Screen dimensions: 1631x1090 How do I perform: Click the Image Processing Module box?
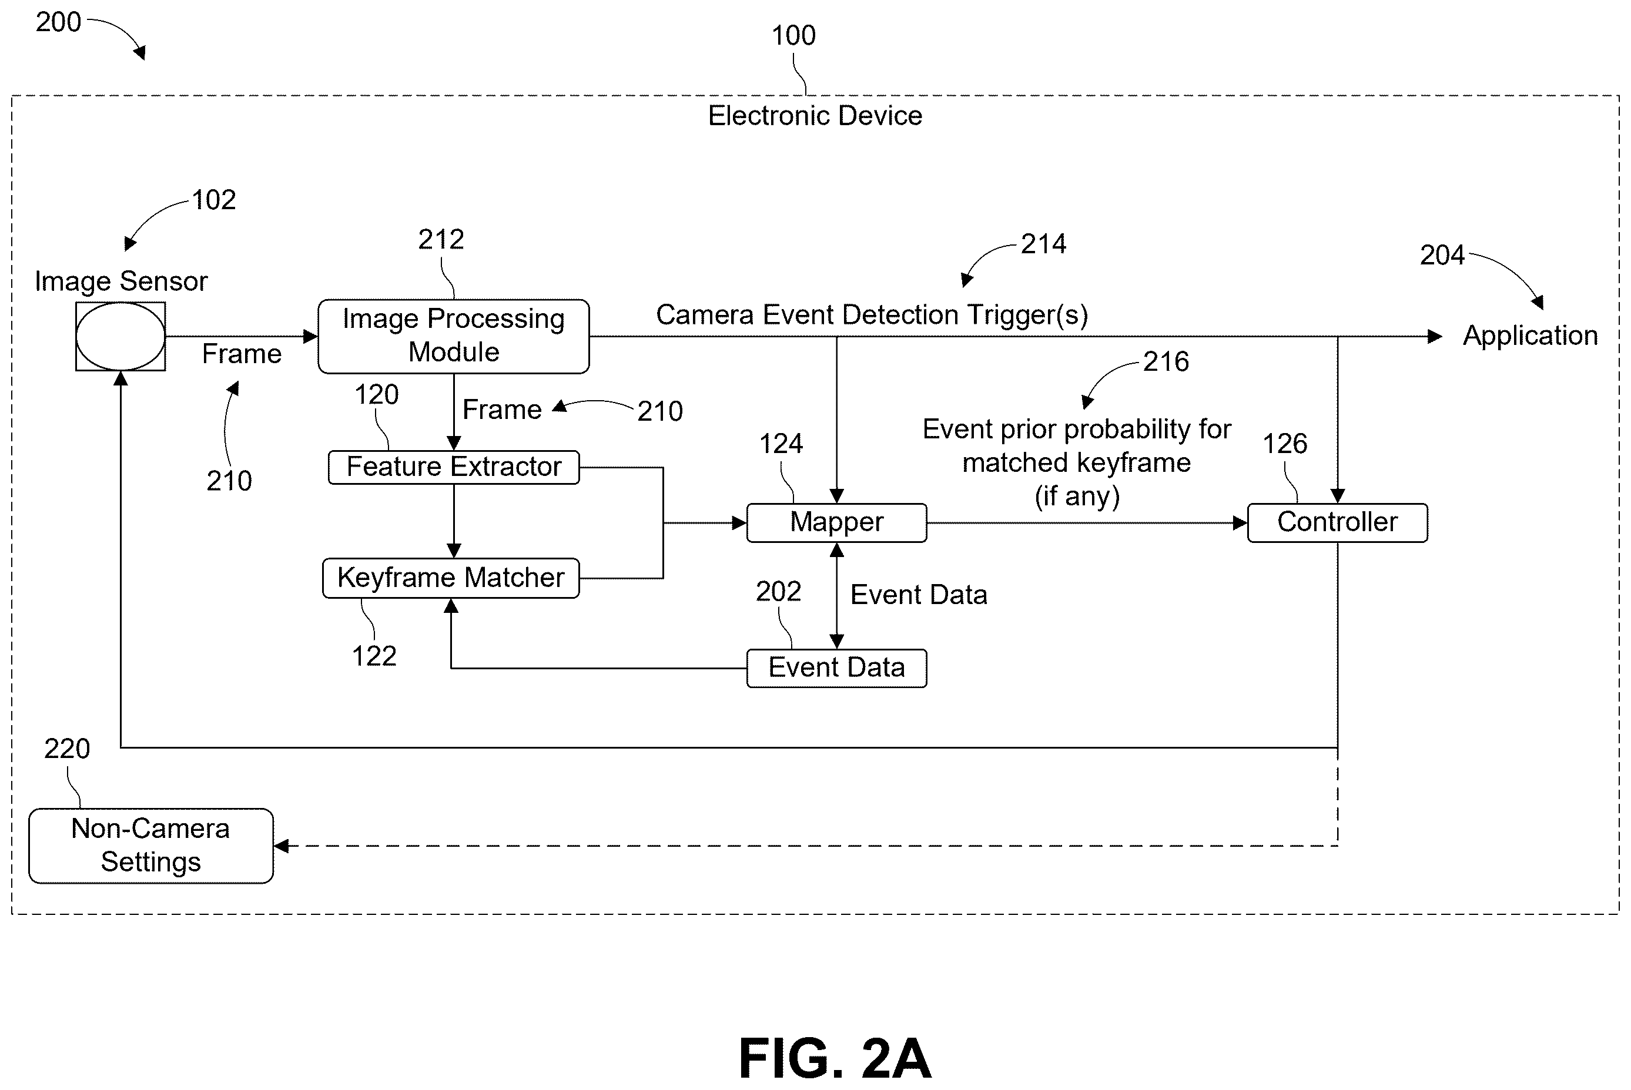coord(453,337)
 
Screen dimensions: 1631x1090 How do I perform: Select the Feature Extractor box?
coord(453,467)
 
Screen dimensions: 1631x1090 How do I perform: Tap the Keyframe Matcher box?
coord(450,578)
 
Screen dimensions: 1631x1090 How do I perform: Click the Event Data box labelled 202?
coord(836,668)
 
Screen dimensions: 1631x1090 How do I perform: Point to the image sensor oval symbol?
coord(120,337)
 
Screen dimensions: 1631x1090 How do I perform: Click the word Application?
coord(1530,336)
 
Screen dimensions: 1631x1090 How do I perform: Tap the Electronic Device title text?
coord(815,115)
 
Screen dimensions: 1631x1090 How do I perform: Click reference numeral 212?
coord(441,240)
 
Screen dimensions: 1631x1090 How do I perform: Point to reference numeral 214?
coord(1043,244)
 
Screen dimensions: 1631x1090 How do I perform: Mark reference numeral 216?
coord(1166,361)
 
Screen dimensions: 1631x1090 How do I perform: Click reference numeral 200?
coord(58,22)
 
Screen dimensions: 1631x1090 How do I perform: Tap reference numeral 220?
coord(67,749)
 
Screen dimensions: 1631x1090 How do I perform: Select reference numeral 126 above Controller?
coord(1285,444)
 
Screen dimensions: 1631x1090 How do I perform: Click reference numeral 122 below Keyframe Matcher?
coord(374,656)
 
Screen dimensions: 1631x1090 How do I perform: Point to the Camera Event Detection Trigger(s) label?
coord(872,315)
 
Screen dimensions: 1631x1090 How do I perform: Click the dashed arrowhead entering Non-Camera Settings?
coord(281,846)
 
